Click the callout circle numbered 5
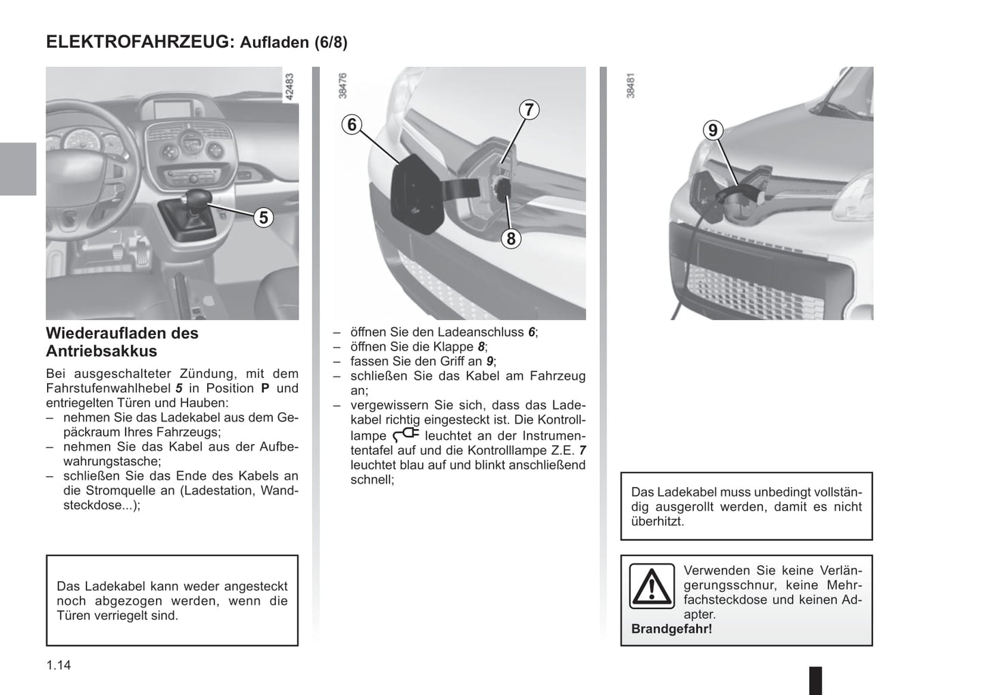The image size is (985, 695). pyautogui.click(x=262, y=217)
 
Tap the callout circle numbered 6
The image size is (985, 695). pyautogui.click(x=352, y=124)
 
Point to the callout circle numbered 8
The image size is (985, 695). pyautogui.click(x=511, y=238)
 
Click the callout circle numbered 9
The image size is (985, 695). pyautogui.click(x=712, y=130)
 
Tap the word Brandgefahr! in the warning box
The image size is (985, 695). pyautogui.click(x=671, y=629)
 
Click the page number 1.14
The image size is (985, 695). pyautogui.click(x=59, y=665)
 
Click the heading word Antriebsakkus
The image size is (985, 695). pyautogui.click(x=102, y=351)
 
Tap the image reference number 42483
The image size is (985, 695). pyautogui.click(x=291, y=87)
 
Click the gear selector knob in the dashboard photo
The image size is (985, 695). pyautogui.click(x=196, y=201)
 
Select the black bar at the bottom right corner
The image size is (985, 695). pyautogui.click(x=815, y=680)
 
